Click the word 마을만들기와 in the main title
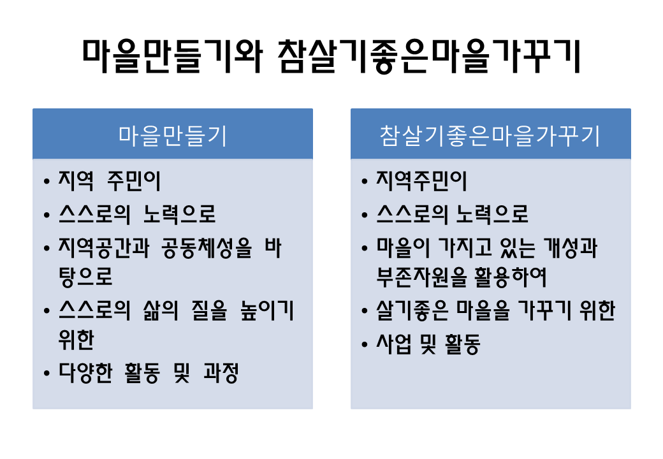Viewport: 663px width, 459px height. (x=172, y=56)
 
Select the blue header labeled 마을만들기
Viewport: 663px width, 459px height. (x=173, y=134)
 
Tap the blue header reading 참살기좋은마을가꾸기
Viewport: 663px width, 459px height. (x=490, y=134)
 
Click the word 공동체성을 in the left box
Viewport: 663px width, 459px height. (x=207, y=248)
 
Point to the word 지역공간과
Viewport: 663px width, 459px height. (x=103, y=248)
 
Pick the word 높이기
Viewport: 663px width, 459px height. (x=267, y=310)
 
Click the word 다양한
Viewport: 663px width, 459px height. (x=85, y=373)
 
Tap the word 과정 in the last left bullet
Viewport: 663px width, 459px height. (x=221, y=373)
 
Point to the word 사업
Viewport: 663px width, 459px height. (x=394, y=344)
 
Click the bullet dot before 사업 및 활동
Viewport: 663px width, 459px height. (x=365, y=344)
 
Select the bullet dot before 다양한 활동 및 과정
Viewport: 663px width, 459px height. (x=47, y=373)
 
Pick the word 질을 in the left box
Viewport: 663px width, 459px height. (x=209, y=310)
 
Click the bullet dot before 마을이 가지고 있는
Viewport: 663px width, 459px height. (x=365, y=249)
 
